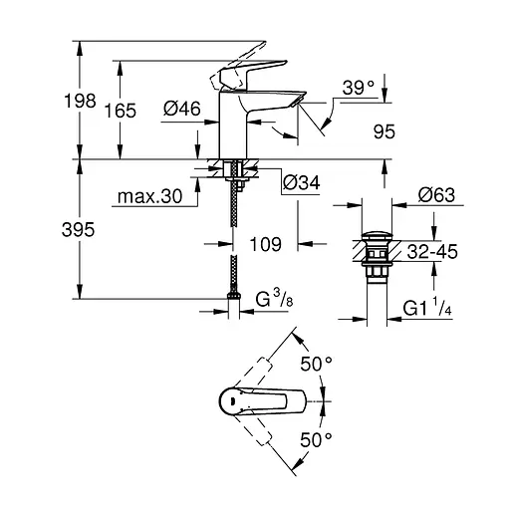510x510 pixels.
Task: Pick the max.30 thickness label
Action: coord(147,198)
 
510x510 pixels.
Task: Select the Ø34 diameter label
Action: coord(302,182)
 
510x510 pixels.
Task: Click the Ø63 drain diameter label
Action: coord(436,195)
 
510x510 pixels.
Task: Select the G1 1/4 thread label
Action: coord(427,311)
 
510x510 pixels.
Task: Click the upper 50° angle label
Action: coord(318,365)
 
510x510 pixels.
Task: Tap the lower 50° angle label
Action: coord(318,438)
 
